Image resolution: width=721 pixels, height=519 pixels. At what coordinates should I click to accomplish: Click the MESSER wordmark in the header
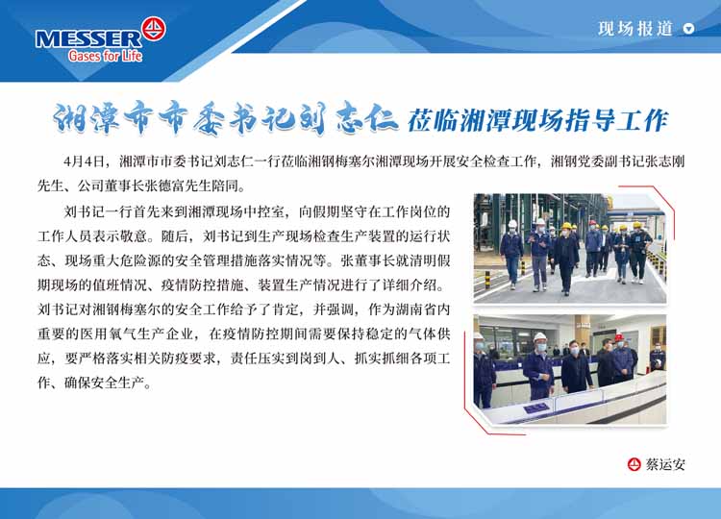(x=88, y=39)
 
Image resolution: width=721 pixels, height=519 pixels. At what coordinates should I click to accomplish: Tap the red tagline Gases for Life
(x=106, y=56)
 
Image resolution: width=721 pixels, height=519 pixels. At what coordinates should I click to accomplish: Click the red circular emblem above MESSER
(x=154, y=29)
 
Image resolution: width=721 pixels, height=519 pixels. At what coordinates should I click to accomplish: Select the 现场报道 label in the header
(x=635, y=29)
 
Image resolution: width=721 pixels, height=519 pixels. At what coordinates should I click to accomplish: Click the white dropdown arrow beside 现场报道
(x=688, y=29)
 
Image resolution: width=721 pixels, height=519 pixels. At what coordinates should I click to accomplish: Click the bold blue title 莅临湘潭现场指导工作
(x=537, y=120)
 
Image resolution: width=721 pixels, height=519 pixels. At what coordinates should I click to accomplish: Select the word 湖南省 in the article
(x=415, y=309)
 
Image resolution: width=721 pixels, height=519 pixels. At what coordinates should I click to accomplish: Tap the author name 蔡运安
(x=665, y=464)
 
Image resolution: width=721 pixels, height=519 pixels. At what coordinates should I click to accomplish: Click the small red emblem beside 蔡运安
(x=634, y=464)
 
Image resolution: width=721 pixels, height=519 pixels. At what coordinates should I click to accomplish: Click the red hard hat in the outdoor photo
(x=592, y=223)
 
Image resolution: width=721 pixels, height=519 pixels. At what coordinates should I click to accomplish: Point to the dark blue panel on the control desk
(x=535, y=408)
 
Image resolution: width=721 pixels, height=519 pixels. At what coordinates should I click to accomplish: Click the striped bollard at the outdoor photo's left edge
(x=487, y=280)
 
